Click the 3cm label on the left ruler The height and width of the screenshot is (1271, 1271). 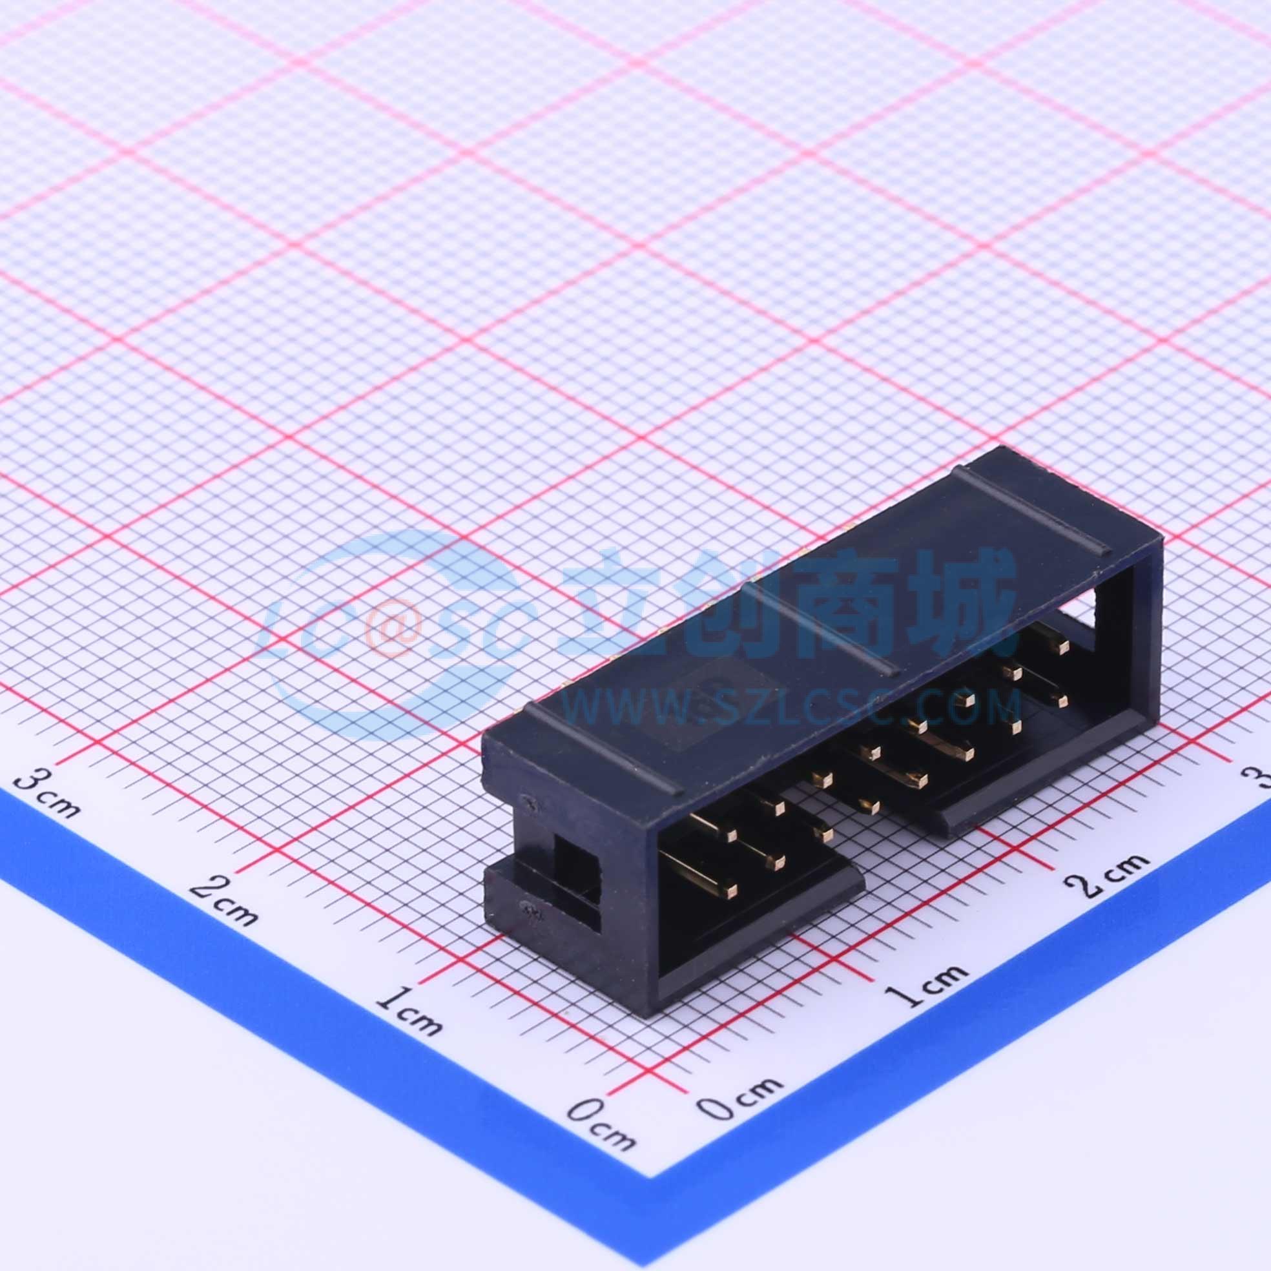pos(48,794)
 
